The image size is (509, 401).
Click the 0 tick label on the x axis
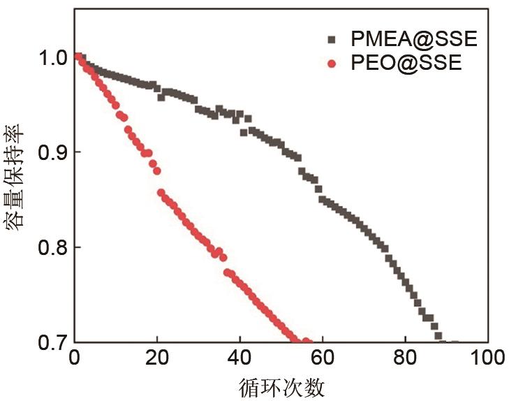tap(75, 360)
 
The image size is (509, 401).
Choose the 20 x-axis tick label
tap(157, 360)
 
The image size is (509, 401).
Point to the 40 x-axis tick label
tap(239, 360)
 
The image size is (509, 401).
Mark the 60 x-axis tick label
tap(322, 360)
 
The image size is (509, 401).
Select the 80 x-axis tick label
tap(404, 360)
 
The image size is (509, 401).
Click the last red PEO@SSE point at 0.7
tap(306, 342)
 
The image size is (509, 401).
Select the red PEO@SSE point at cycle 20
tap(156, 171)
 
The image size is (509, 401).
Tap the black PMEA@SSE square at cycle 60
tap(322, 199)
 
